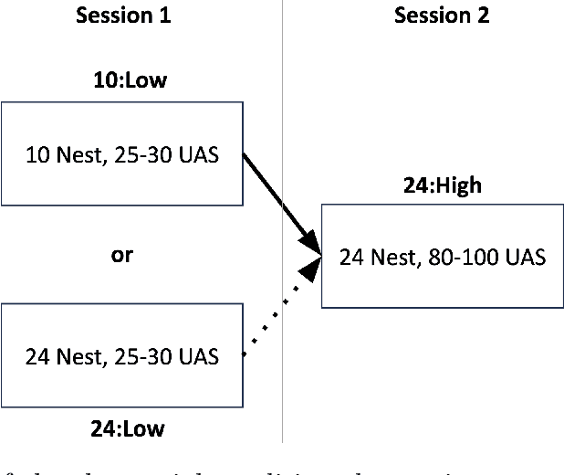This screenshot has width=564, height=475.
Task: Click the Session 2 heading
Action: (441, 16)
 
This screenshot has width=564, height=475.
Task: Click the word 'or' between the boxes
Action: (121, 256)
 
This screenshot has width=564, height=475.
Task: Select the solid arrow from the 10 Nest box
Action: (278, 201)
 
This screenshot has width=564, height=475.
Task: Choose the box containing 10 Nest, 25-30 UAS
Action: (121, 153)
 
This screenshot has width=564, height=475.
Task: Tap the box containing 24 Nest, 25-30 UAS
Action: (121, 357)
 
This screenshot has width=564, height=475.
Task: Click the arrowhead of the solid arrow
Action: (313, 245)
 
